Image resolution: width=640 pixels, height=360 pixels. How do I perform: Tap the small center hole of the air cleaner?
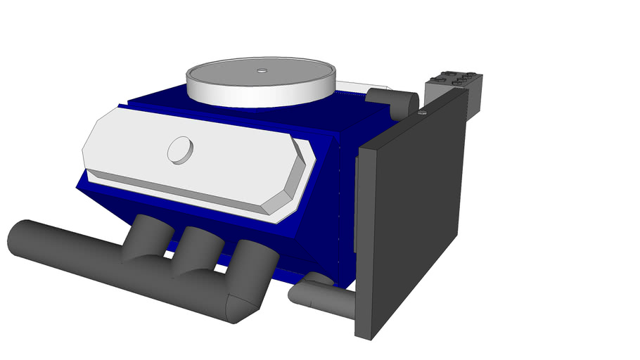pyautogui.click(x=262, y=70)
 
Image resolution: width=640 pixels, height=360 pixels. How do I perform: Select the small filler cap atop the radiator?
pyautogui.click(x=422, y=111)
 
